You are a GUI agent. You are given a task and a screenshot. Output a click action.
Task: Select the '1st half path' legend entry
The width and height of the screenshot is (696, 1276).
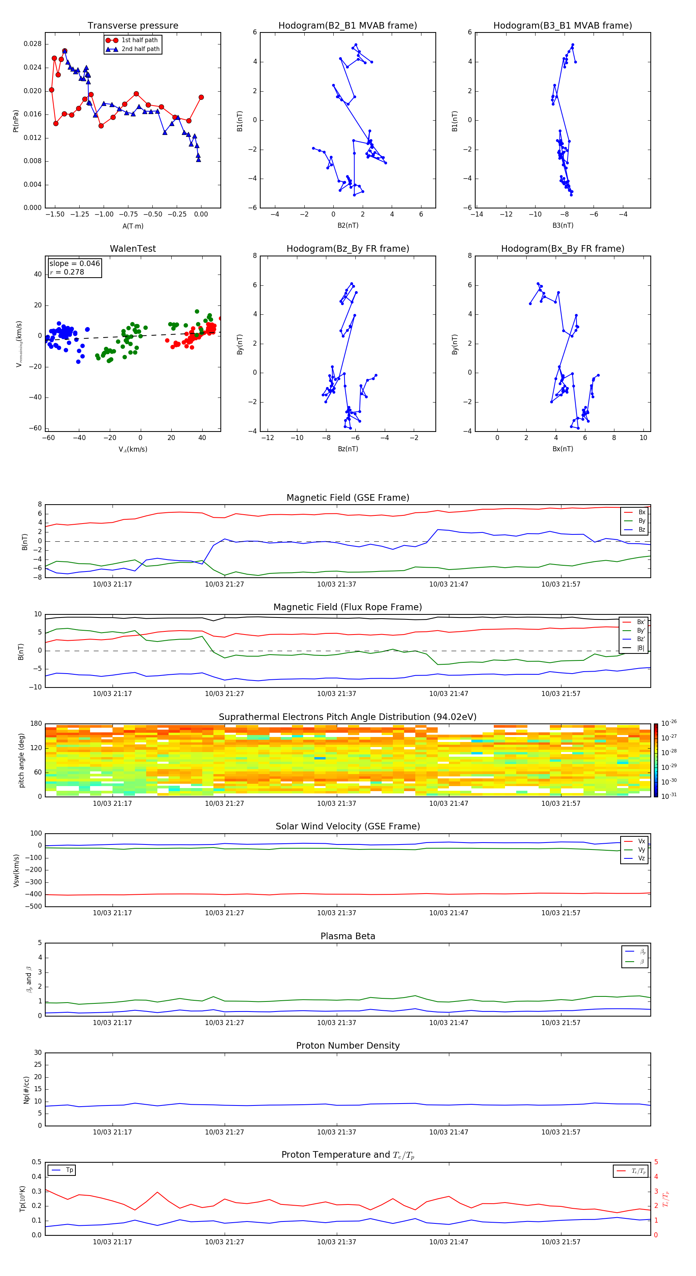(139, 40)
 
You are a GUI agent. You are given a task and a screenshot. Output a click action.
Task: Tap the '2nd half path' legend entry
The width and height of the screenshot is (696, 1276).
(140, 49)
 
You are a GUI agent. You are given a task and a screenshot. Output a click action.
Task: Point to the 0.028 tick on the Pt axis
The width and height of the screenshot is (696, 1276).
(33, 44)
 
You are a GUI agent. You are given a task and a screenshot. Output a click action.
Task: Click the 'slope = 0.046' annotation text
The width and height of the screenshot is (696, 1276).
(74, 264)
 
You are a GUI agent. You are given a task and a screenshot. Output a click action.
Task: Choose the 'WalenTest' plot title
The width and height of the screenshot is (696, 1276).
(133, 249)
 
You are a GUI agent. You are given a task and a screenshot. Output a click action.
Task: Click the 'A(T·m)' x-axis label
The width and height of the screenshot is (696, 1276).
(133, 226)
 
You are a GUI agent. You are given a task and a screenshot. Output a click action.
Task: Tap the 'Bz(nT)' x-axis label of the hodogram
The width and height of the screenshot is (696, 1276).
(348, 449)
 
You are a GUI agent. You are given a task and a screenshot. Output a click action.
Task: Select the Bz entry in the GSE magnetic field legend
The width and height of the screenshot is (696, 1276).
(641, 529)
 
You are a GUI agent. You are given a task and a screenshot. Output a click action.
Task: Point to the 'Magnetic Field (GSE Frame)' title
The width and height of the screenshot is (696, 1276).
(348, 498)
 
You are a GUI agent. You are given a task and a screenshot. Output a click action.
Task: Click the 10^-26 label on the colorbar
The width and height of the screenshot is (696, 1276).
(669, 723)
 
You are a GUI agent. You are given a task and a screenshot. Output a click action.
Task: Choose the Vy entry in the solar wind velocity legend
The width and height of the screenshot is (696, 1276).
(641, 850)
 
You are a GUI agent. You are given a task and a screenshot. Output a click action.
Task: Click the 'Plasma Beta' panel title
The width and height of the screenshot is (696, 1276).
(348, 936)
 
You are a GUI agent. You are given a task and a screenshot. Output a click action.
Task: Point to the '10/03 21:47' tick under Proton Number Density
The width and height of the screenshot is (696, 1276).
(448, 1132)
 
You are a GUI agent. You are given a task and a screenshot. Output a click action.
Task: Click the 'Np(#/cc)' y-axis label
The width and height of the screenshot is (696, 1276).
(26, 1089)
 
